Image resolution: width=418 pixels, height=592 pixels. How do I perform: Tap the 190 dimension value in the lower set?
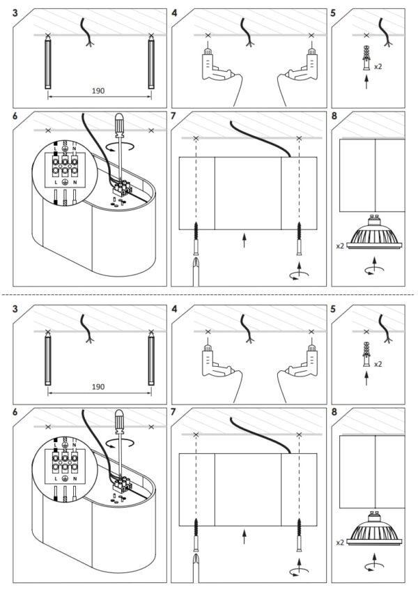click(x=98, y=385)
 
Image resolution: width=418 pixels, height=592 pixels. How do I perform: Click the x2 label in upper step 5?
click(x=377, y=67)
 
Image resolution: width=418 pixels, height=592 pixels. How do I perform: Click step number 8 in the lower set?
click(x=336, y=412)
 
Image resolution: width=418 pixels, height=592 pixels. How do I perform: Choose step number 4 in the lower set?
click(x=173, y=307)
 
